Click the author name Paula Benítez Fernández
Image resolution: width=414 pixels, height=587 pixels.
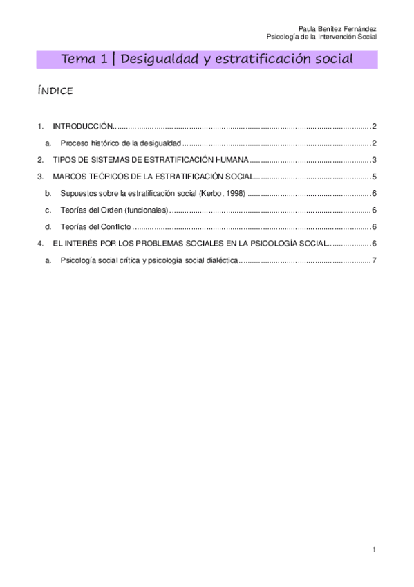click(x=341, y=28)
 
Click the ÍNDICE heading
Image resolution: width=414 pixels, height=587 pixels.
click(x=55, y=91)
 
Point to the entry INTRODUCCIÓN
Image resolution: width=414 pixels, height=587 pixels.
click(x=82, y=126)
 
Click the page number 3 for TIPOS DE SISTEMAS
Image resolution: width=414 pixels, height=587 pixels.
click(x=373, y=160)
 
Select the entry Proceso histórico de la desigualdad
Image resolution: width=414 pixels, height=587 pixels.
click(x=120, y=143)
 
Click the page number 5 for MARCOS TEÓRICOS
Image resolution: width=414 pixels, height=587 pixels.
click(x=373, y=177)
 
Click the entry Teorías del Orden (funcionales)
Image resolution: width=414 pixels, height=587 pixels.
click(x=114, y=210)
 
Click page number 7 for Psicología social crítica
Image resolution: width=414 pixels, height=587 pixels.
click(x=373, y=260)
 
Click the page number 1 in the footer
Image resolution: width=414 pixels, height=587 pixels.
click(x=373, y=550)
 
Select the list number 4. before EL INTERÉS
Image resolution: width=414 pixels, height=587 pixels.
click(x=40, y=244)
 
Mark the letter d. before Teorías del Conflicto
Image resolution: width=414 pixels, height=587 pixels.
click(x=48, y=226)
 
